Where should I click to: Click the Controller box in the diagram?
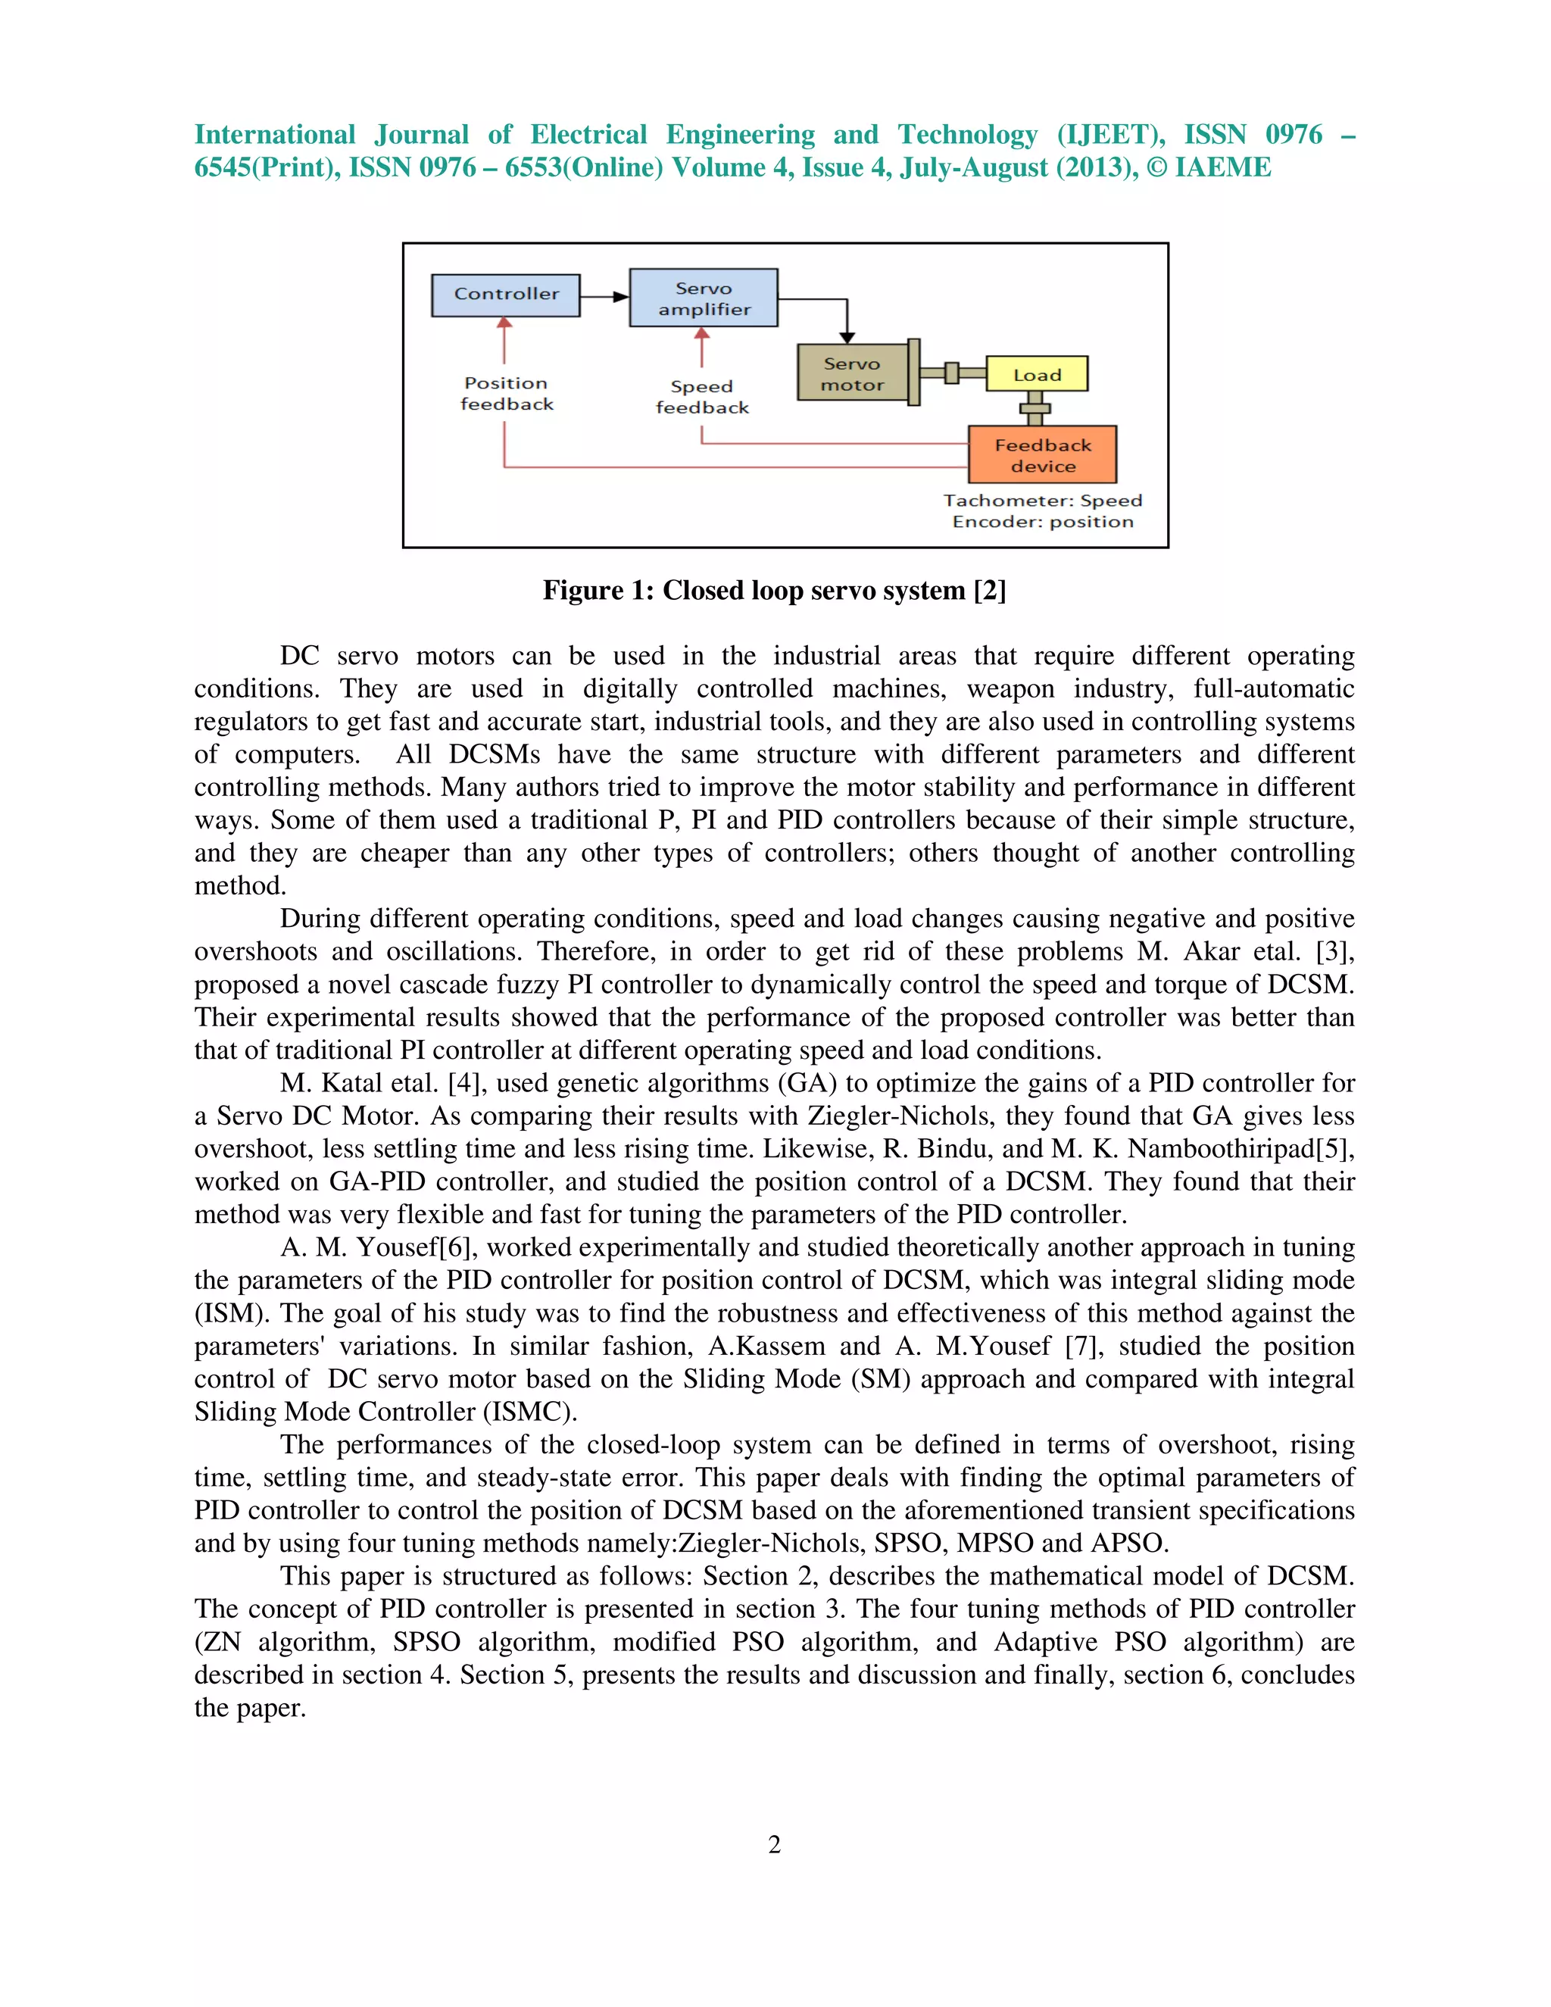tap(505, 295)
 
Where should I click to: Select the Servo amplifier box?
tap(704, 298)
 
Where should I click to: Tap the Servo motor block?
tap(852, 374)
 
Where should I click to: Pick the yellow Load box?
tap(1037, 375)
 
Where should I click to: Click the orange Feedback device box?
tap(1042, 455)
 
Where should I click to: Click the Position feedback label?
tap(507, 393)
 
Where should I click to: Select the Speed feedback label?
tap(702, 397)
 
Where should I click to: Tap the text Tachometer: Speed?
tap(1042, 501)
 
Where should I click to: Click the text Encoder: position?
tap(1042, 522)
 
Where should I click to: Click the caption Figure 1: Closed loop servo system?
tap(774, 590)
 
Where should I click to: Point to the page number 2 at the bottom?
tap(775, 1844)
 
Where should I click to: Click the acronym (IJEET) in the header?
tap(1110, 135)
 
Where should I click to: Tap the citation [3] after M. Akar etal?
tap(1333, 952)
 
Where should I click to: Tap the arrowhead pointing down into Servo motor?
tap(847, 337)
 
